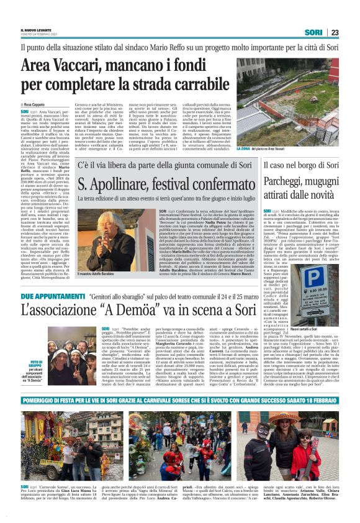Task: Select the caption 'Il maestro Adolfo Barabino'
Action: (99, 273)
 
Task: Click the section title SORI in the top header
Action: (313, 32)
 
